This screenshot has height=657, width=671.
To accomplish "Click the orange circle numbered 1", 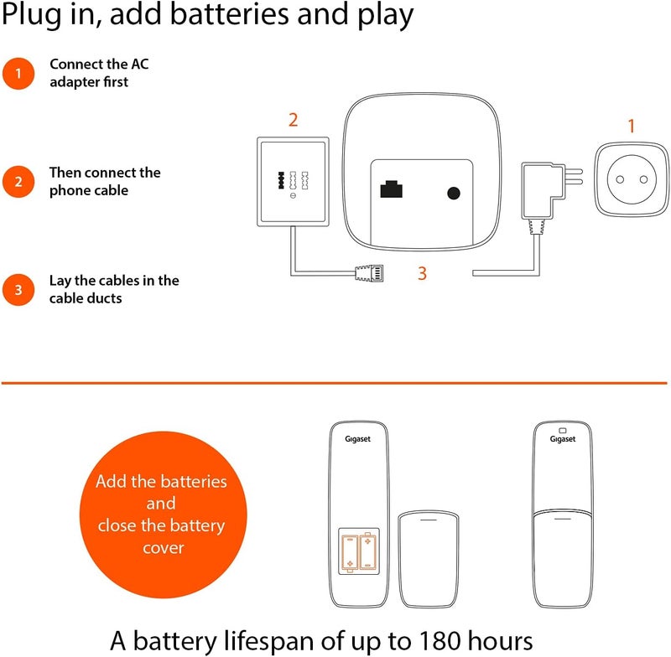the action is click(x=18, y=74).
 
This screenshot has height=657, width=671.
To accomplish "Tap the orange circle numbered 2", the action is click(x=18, y=182).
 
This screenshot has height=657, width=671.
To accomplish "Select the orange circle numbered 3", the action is click(x=18, y=290).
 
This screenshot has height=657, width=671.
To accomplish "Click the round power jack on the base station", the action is click(x=454, y=194).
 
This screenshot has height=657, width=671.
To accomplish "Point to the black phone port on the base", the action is click(x=391, y=189).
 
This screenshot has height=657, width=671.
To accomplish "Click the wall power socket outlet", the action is click(x=632, y=179).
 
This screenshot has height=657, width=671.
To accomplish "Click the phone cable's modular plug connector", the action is click(x=369, y=272).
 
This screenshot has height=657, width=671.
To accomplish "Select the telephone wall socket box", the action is click(x=293, y=181).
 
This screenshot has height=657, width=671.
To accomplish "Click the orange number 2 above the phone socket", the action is click(x=293, y=120).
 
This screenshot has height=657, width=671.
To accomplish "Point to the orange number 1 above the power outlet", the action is click(x=631, y=126).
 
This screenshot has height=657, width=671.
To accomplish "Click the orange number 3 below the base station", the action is click(x=423, y=273).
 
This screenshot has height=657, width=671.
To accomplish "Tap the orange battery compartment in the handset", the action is click(x=359, y=551).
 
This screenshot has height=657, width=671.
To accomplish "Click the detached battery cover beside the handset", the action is click(x=429, y=558).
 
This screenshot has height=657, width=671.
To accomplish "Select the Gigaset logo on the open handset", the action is click(x=358, y=439).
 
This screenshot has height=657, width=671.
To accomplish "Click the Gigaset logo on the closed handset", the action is click(x=563, y=439).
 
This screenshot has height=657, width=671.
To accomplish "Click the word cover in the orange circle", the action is click(x=163, y=548).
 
